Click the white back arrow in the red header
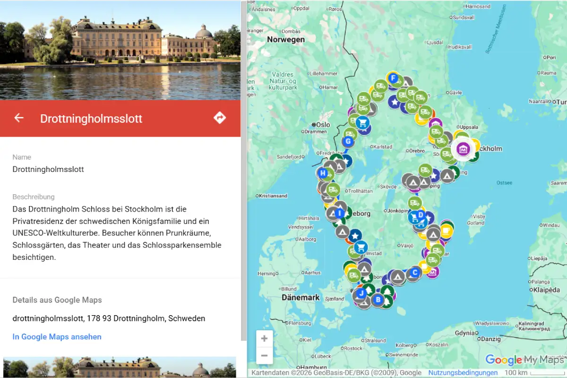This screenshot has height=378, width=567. (x=19, y=118)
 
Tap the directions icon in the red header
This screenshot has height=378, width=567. (x=220, y=118)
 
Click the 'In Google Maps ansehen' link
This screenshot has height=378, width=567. (x=57, y=336)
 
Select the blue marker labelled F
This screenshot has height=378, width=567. (x=392, y=78)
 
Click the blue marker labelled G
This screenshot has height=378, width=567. (x=348, y=141)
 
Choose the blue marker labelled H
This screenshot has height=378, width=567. (x=323, y=173)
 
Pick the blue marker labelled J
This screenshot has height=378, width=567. (x=361, y=293)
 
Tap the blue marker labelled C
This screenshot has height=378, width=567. (x=415, y=272)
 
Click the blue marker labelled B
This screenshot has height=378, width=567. (x=378, y=299)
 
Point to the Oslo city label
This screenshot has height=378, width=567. (x=323, y=125)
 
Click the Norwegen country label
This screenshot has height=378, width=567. (x=286, y=40)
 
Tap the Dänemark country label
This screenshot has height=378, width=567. (x=301, y=298)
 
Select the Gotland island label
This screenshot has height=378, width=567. (x=476, y=223)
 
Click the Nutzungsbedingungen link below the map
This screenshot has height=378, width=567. (x=463, y=373)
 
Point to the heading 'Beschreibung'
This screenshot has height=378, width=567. (x=34, y=197)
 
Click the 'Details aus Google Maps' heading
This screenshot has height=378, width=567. (x=57, y=300)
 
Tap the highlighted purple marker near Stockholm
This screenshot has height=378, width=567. (x=463, y=149)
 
